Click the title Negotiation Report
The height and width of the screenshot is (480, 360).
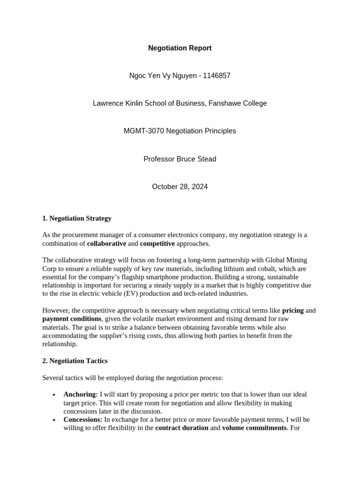180,48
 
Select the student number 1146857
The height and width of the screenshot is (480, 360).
217,75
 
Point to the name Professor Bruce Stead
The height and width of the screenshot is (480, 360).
180,159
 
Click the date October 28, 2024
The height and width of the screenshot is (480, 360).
180,187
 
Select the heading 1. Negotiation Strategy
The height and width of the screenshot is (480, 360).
77,218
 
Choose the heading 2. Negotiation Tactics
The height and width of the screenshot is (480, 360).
75,360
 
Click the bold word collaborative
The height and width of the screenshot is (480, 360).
106,243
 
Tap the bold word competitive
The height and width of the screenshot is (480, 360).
157,243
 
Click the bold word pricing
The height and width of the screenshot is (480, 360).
292,310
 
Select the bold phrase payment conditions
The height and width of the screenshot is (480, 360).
72,319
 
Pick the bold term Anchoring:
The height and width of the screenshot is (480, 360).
81,394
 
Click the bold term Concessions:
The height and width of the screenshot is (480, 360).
82,420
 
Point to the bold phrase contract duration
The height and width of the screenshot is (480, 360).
181,427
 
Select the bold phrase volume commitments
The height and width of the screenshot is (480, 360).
254,427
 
